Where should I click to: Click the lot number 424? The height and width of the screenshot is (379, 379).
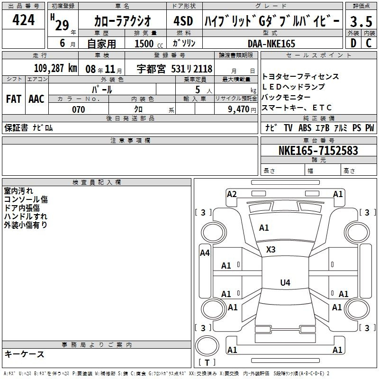click(23, 20)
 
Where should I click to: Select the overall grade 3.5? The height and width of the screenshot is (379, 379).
click(361, 21)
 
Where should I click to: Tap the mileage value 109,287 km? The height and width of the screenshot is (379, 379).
click(55, 68)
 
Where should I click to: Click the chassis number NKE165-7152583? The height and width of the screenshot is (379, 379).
click(318, 150)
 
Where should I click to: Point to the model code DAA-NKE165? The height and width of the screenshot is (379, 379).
click(271, 44)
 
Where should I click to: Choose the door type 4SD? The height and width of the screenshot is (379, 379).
click(183, 21)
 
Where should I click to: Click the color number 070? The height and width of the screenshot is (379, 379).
click(78, 109)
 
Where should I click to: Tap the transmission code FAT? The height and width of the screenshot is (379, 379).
click(14, 99)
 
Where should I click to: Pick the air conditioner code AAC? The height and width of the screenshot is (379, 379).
click(36, 99)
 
